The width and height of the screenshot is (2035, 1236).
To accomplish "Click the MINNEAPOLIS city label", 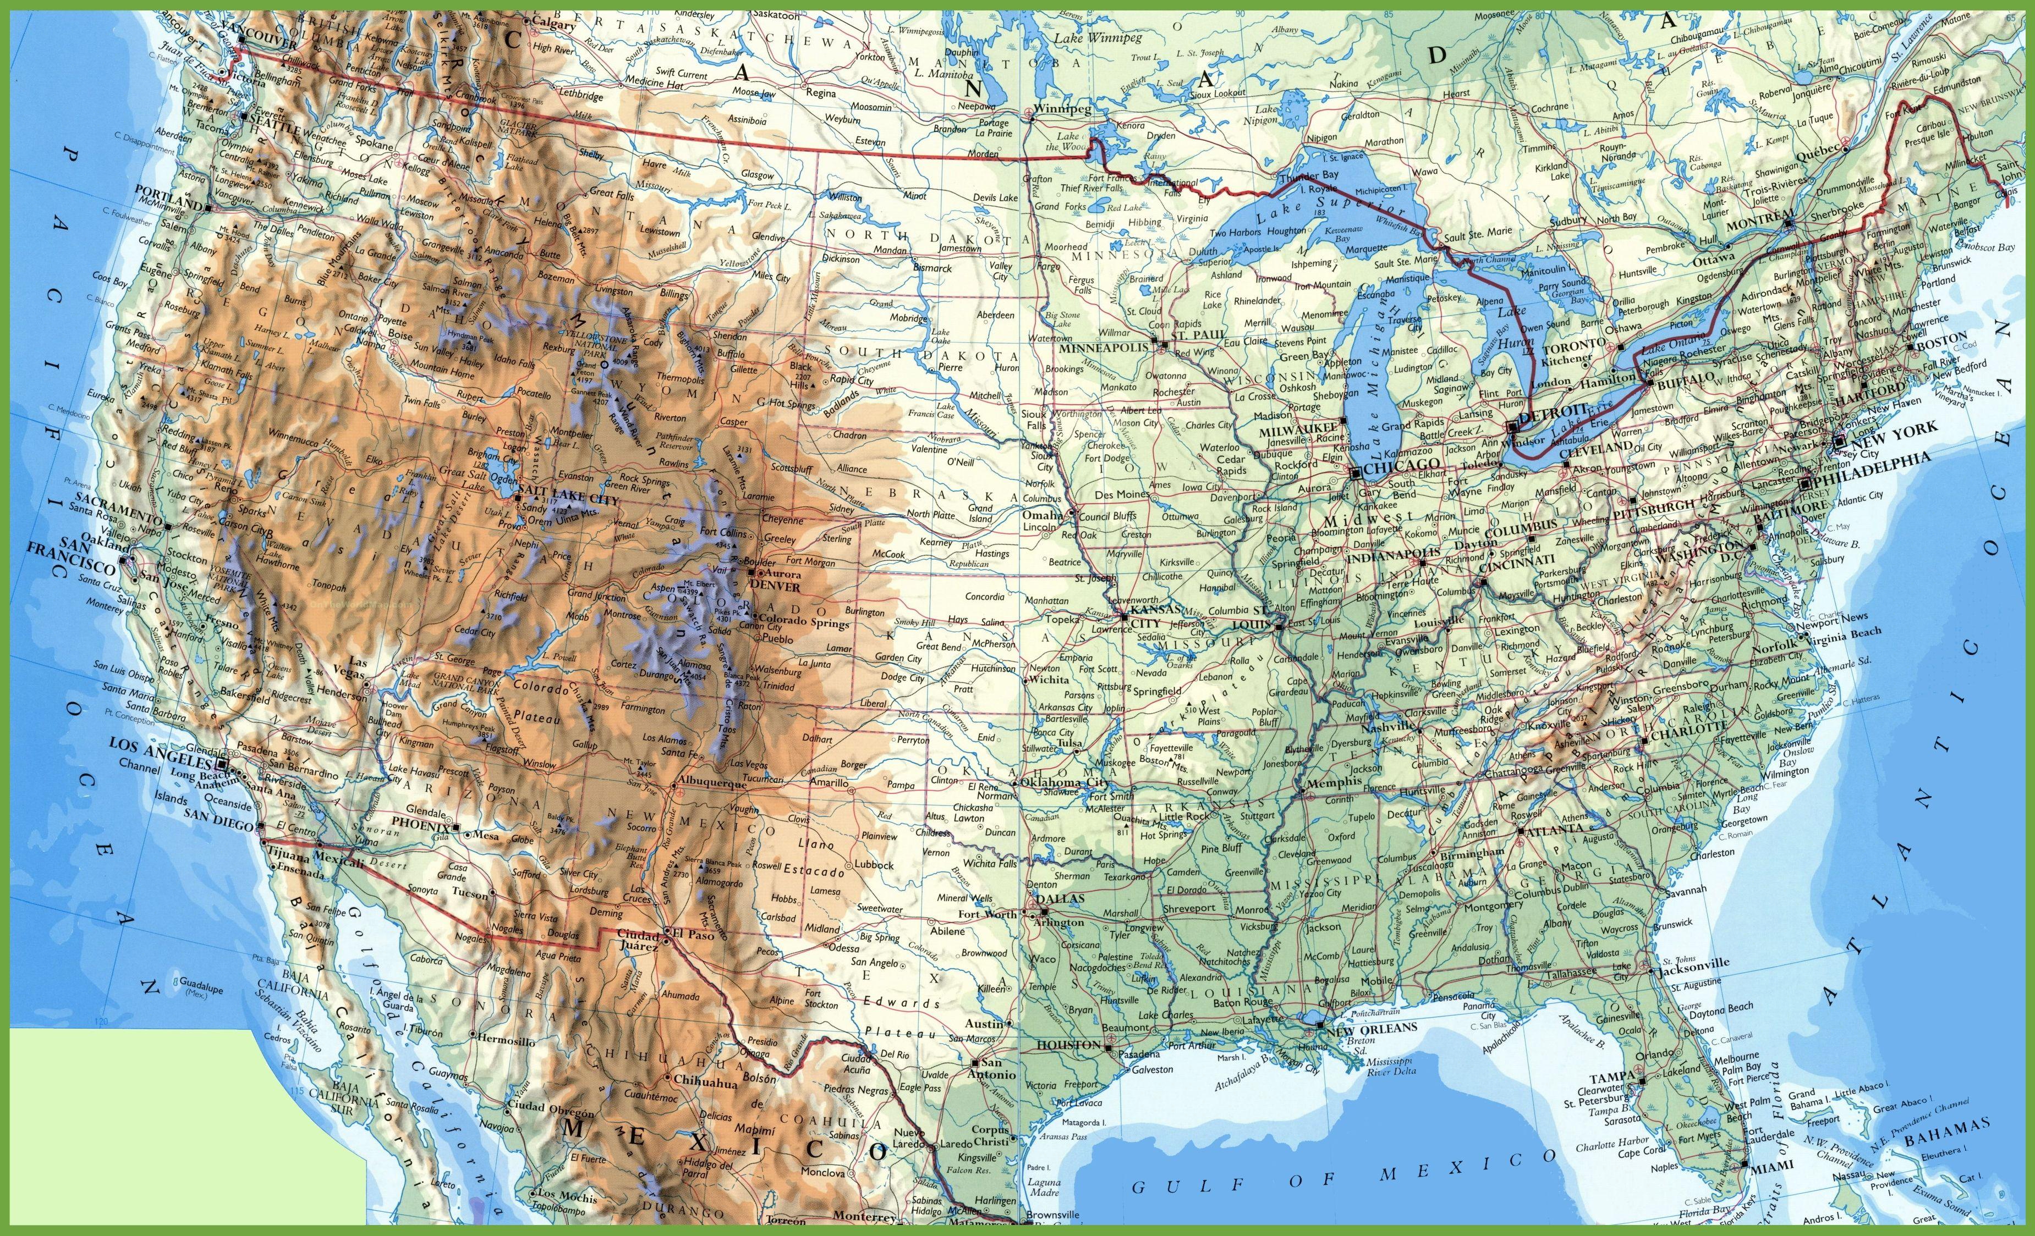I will pyautogui.click(x=1104, y=347).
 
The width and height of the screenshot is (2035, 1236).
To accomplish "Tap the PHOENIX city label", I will pyautogui.click(x=420, y=823).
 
